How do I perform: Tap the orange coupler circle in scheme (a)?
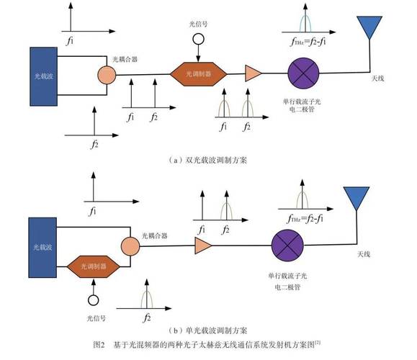106,75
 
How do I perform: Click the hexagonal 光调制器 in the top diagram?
197,74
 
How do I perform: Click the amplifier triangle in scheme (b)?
203,246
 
